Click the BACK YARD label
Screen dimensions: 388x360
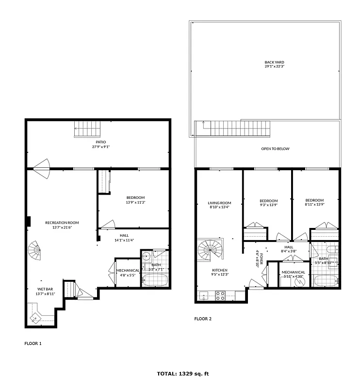[x=274, y=62]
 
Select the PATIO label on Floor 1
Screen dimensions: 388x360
[x=100, y=142]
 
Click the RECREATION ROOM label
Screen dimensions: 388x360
[x=62, y=223]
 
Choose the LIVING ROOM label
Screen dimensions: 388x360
[x=219, y=203]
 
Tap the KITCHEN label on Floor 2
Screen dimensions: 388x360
[x=219, y=270]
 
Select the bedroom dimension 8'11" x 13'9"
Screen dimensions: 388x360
[x=314, y=205]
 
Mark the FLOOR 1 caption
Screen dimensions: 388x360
[x=33, y=343]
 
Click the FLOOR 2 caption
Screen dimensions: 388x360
[x=203, y=319]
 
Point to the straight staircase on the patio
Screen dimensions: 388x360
[x=87, y=129]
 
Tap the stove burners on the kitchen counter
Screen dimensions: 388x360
[x=220, y=295]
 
